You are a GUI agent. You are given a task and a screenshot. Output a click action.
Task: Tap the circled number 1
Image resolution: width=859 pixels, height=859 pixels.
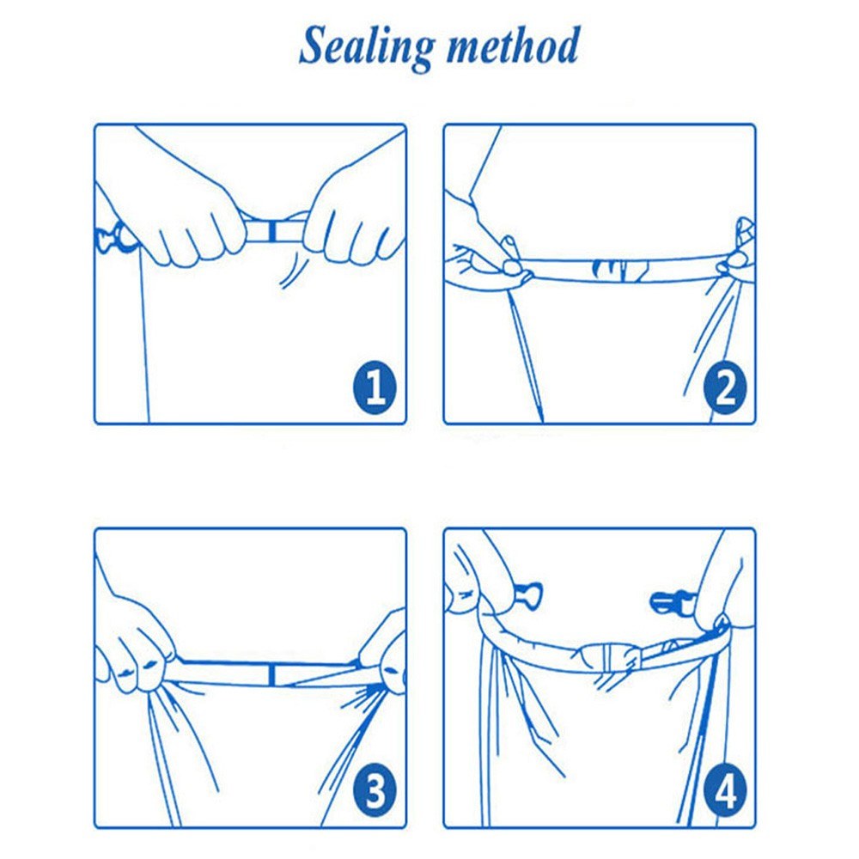point(375,387)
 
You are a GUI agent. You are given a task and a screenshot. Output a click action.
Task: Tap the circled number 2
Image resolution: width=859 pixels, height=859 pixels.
point(725,387)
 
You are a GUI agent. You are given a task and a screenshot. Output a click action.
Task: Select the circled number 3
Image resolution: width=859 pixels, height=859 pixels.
point(375,790)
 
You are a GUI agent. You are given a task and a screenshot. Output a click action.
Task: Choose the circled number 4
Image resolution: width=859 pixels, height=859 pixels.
point(725,790)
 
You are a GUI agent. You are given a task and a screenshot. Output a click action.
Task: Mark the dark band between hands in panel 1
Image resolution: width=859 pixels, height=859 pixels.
point(271,231)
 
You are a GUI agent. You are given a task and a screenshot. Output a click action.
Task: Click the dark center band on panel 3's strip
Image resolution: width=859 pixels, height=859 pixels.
point(272,673)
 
